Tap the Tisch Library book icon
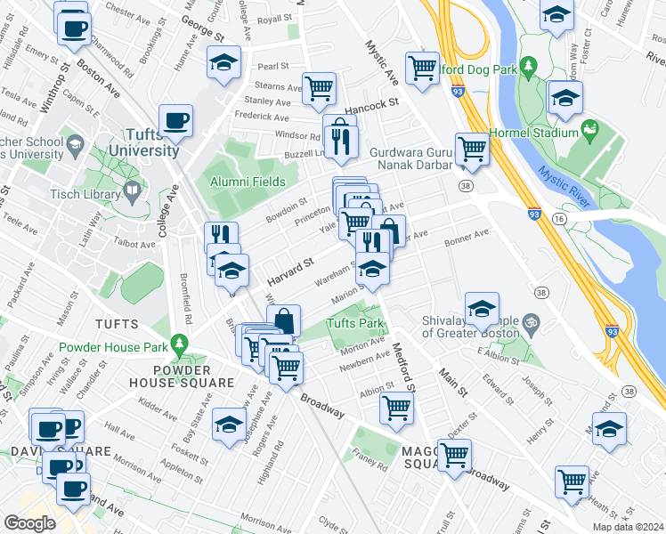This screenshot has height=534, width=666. coord(133,190)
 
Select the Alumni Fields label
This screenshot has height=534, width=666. coord(248,182)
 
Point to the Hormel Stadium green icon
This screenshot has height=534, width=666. coord(589,132)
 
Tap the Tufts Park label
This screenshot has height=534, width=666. coord(355,323)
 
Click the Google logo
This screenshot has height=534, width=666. coord(29,522)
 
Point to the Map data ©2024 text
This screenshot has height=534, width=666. coord(627,527)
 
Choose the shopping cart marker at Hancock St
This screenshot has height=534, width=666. coord(319,87)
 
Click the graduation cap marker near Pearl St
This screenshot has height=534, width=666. coord(223,62)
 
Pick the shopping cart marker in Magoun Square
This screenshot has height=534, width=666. coord(455,454)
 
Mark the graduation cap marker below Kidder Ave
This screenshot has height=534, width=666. coord(229,425)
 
